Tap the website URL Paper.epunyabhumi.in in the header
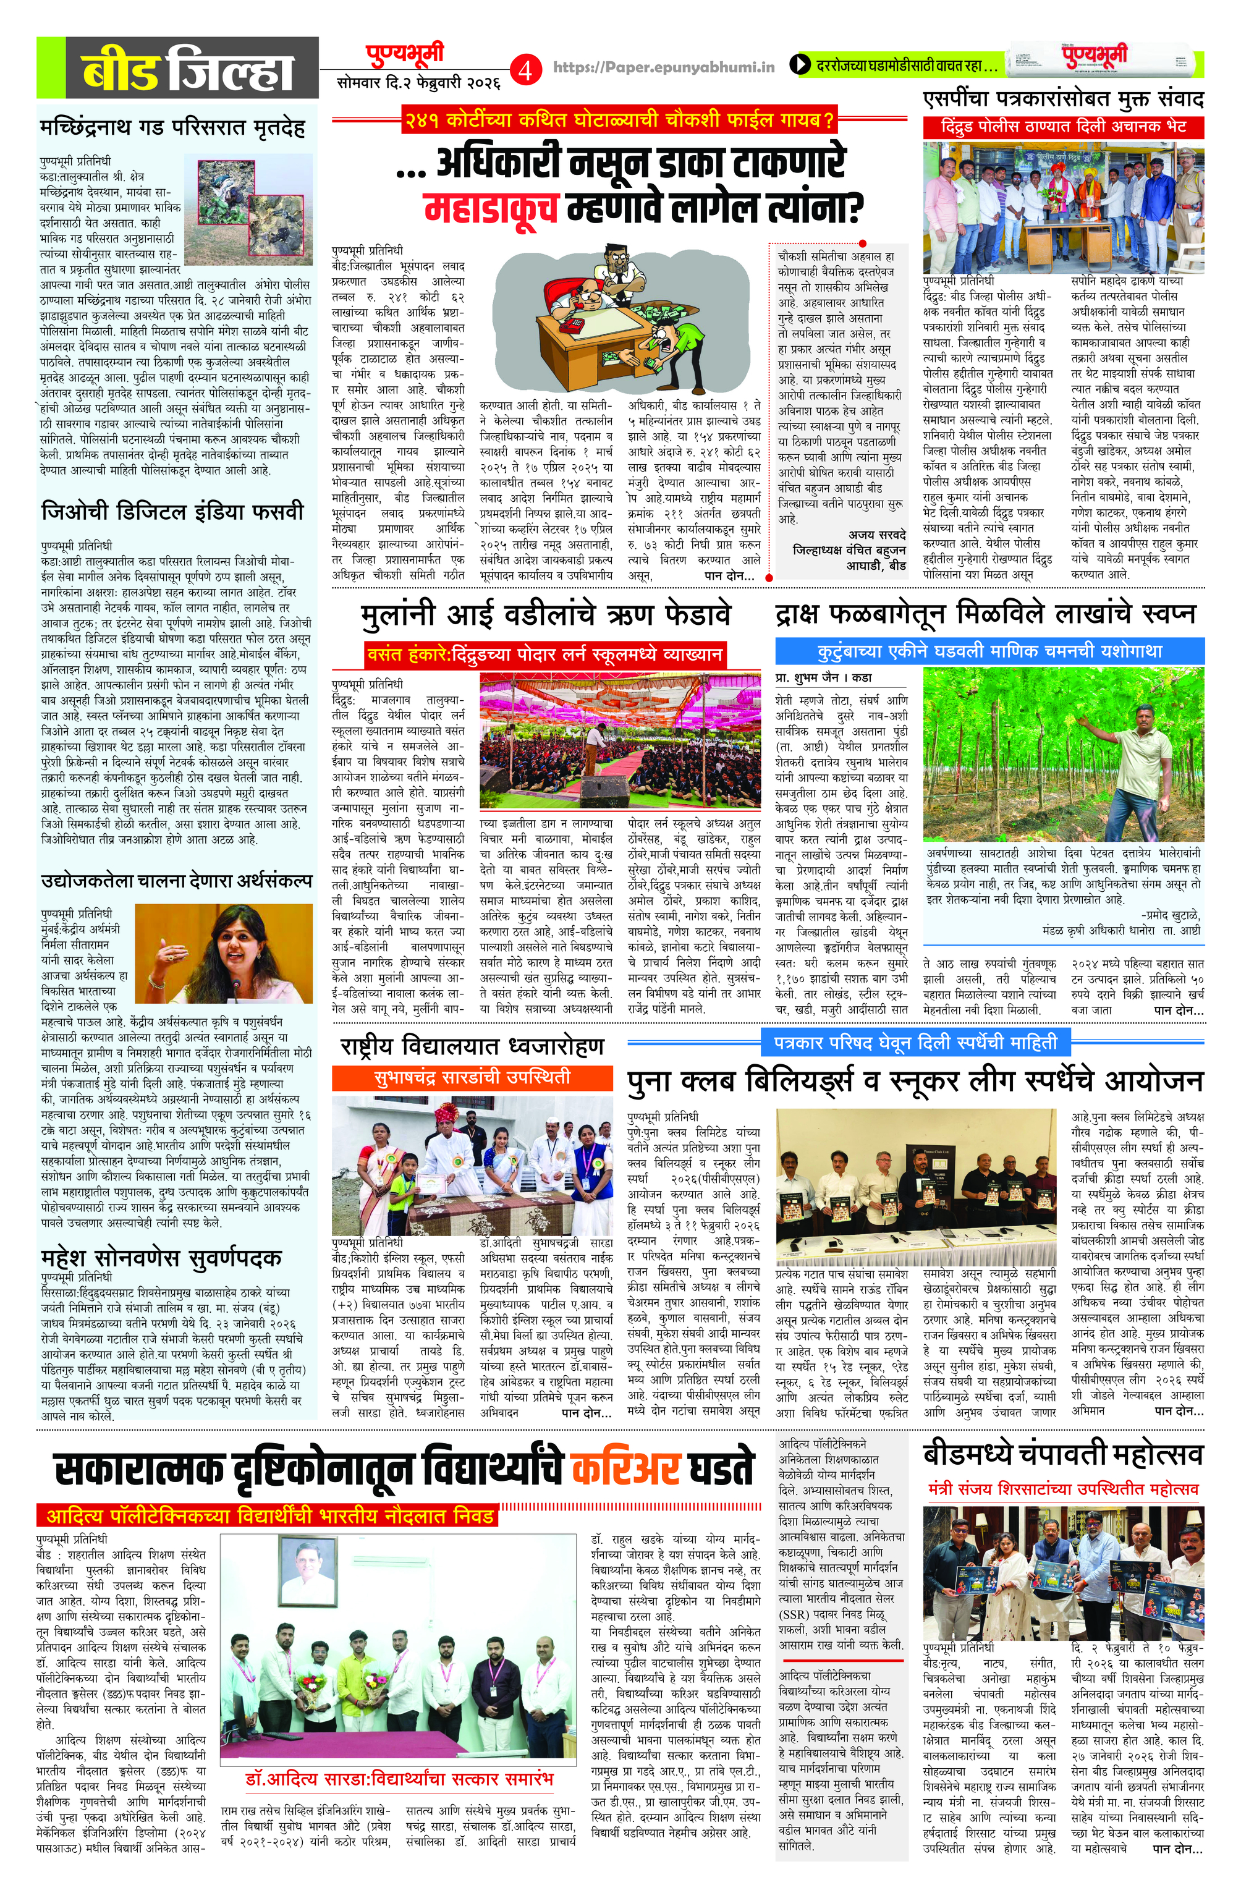(664, 69)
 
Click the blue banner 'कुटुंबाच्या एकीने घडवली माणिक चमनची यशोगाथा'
(989, 651)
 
